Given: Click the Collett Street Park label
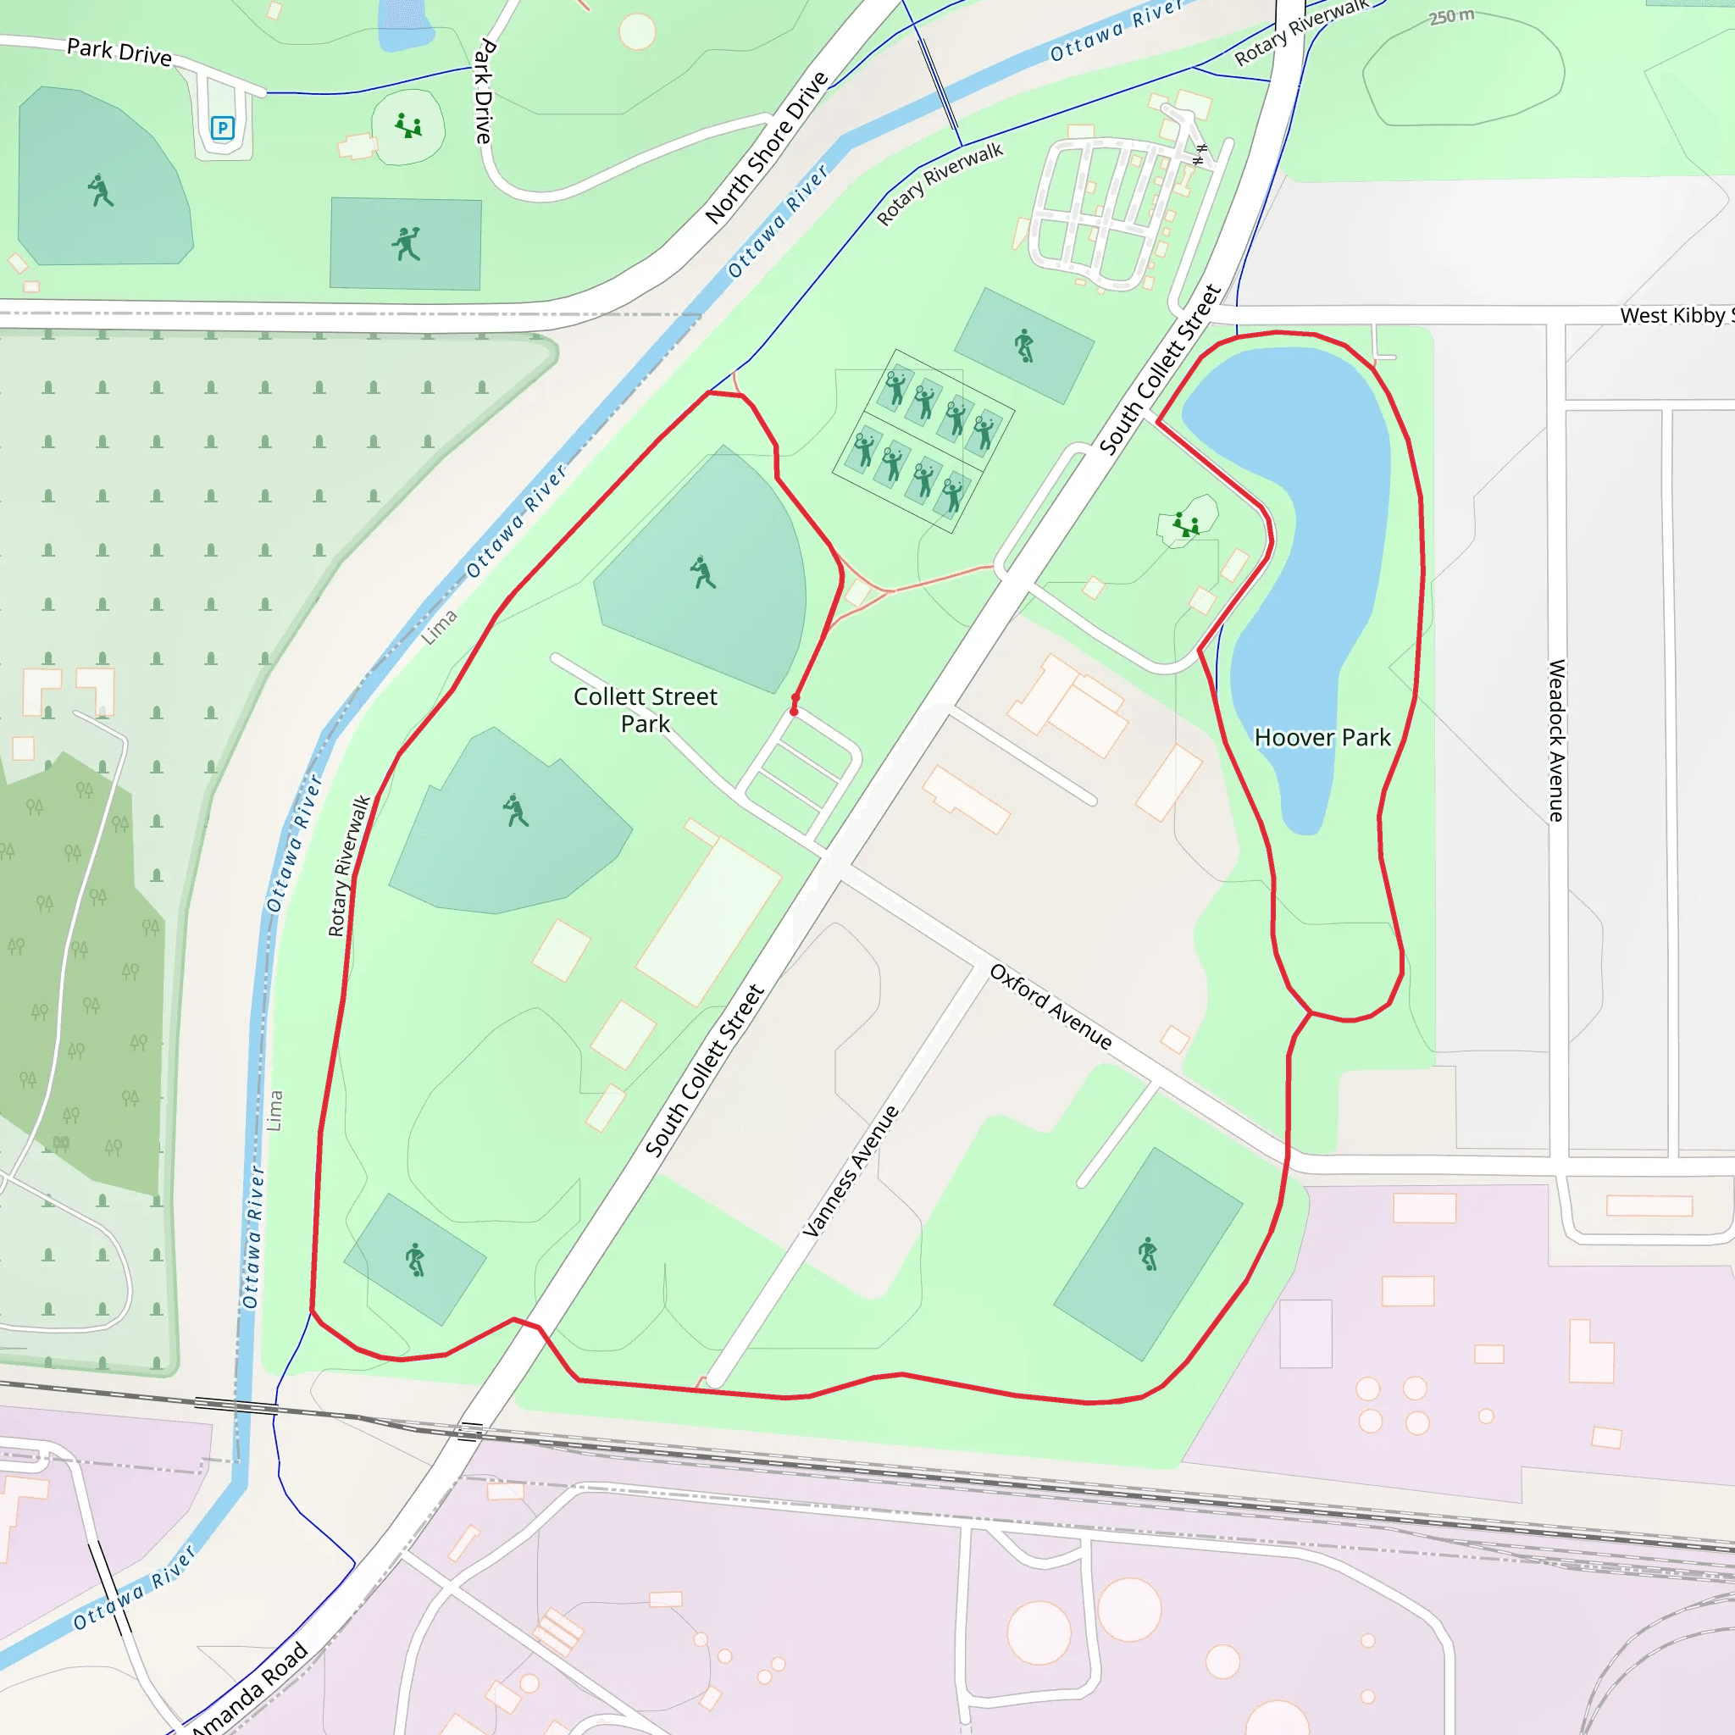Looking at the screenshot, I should coord(645,709).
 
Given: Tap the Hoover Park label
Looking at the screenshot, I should coord(1322,737).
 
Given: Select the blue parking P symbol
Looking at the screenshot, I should coord(222,128).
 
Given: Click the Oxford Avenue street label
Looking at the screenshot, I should coord(1050,1006).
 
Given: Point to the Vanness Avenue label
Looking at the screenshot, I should coord(851,1171).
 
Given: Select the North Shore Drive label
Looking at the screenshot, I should coord(766,148).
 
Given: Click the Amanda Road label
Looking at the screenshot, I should coord(249,1689).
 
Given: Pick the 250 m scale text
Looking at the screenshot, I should coord(1451,16).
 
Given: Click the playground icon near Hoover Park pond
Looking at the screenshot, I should coord(1186,525).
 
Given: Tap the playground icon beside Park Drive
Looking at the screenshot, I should coord(408,125).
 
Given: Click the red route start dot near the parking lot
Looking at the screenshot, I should coord(794,712).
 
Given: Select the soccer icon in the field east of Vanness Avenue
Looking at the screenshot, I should coord(1148,1254).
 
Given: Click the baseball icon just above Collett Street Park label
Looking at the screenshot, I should coord(702,572).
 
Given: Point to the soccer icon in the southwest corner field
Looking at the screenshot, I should coord(414,1260).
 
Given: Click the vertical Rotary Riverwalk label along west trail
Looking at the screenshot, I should coord(348,866).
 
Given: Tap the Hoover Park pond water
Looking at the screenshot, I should coord(1320,539).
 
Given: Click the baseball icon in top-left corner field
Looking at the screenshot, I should coord(101,191).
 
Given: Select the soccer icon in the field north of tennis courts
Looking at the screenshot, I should coord(1023,345).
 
